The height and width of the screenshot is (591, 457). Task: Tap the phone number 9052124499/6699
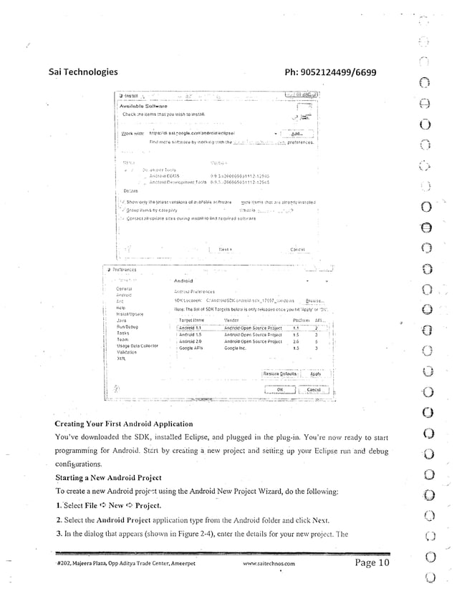pos(330,72)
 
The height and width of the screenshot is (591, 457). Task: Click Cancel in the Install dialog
pos(294,250)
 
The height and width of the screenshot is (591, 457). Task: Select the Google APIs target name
pos(191,348)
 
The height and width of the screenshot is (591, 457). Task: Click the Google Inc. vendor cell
pos(236,348)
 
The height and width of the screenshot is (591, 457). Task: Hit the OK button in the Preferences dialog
pos(280,389)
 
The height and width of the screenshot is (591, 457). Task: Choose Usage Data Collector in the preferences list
pos(137,346)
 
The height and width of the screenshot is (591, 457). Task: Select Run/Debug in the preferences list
pos(127,327)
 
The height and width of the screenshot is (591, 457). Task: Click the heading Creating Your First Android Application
pos(135,424)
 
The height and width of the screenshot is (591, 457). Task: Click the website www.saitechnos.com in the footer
pos(269,564)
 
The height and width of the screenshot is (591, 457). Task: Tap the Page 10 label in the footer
pos(372,562)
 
